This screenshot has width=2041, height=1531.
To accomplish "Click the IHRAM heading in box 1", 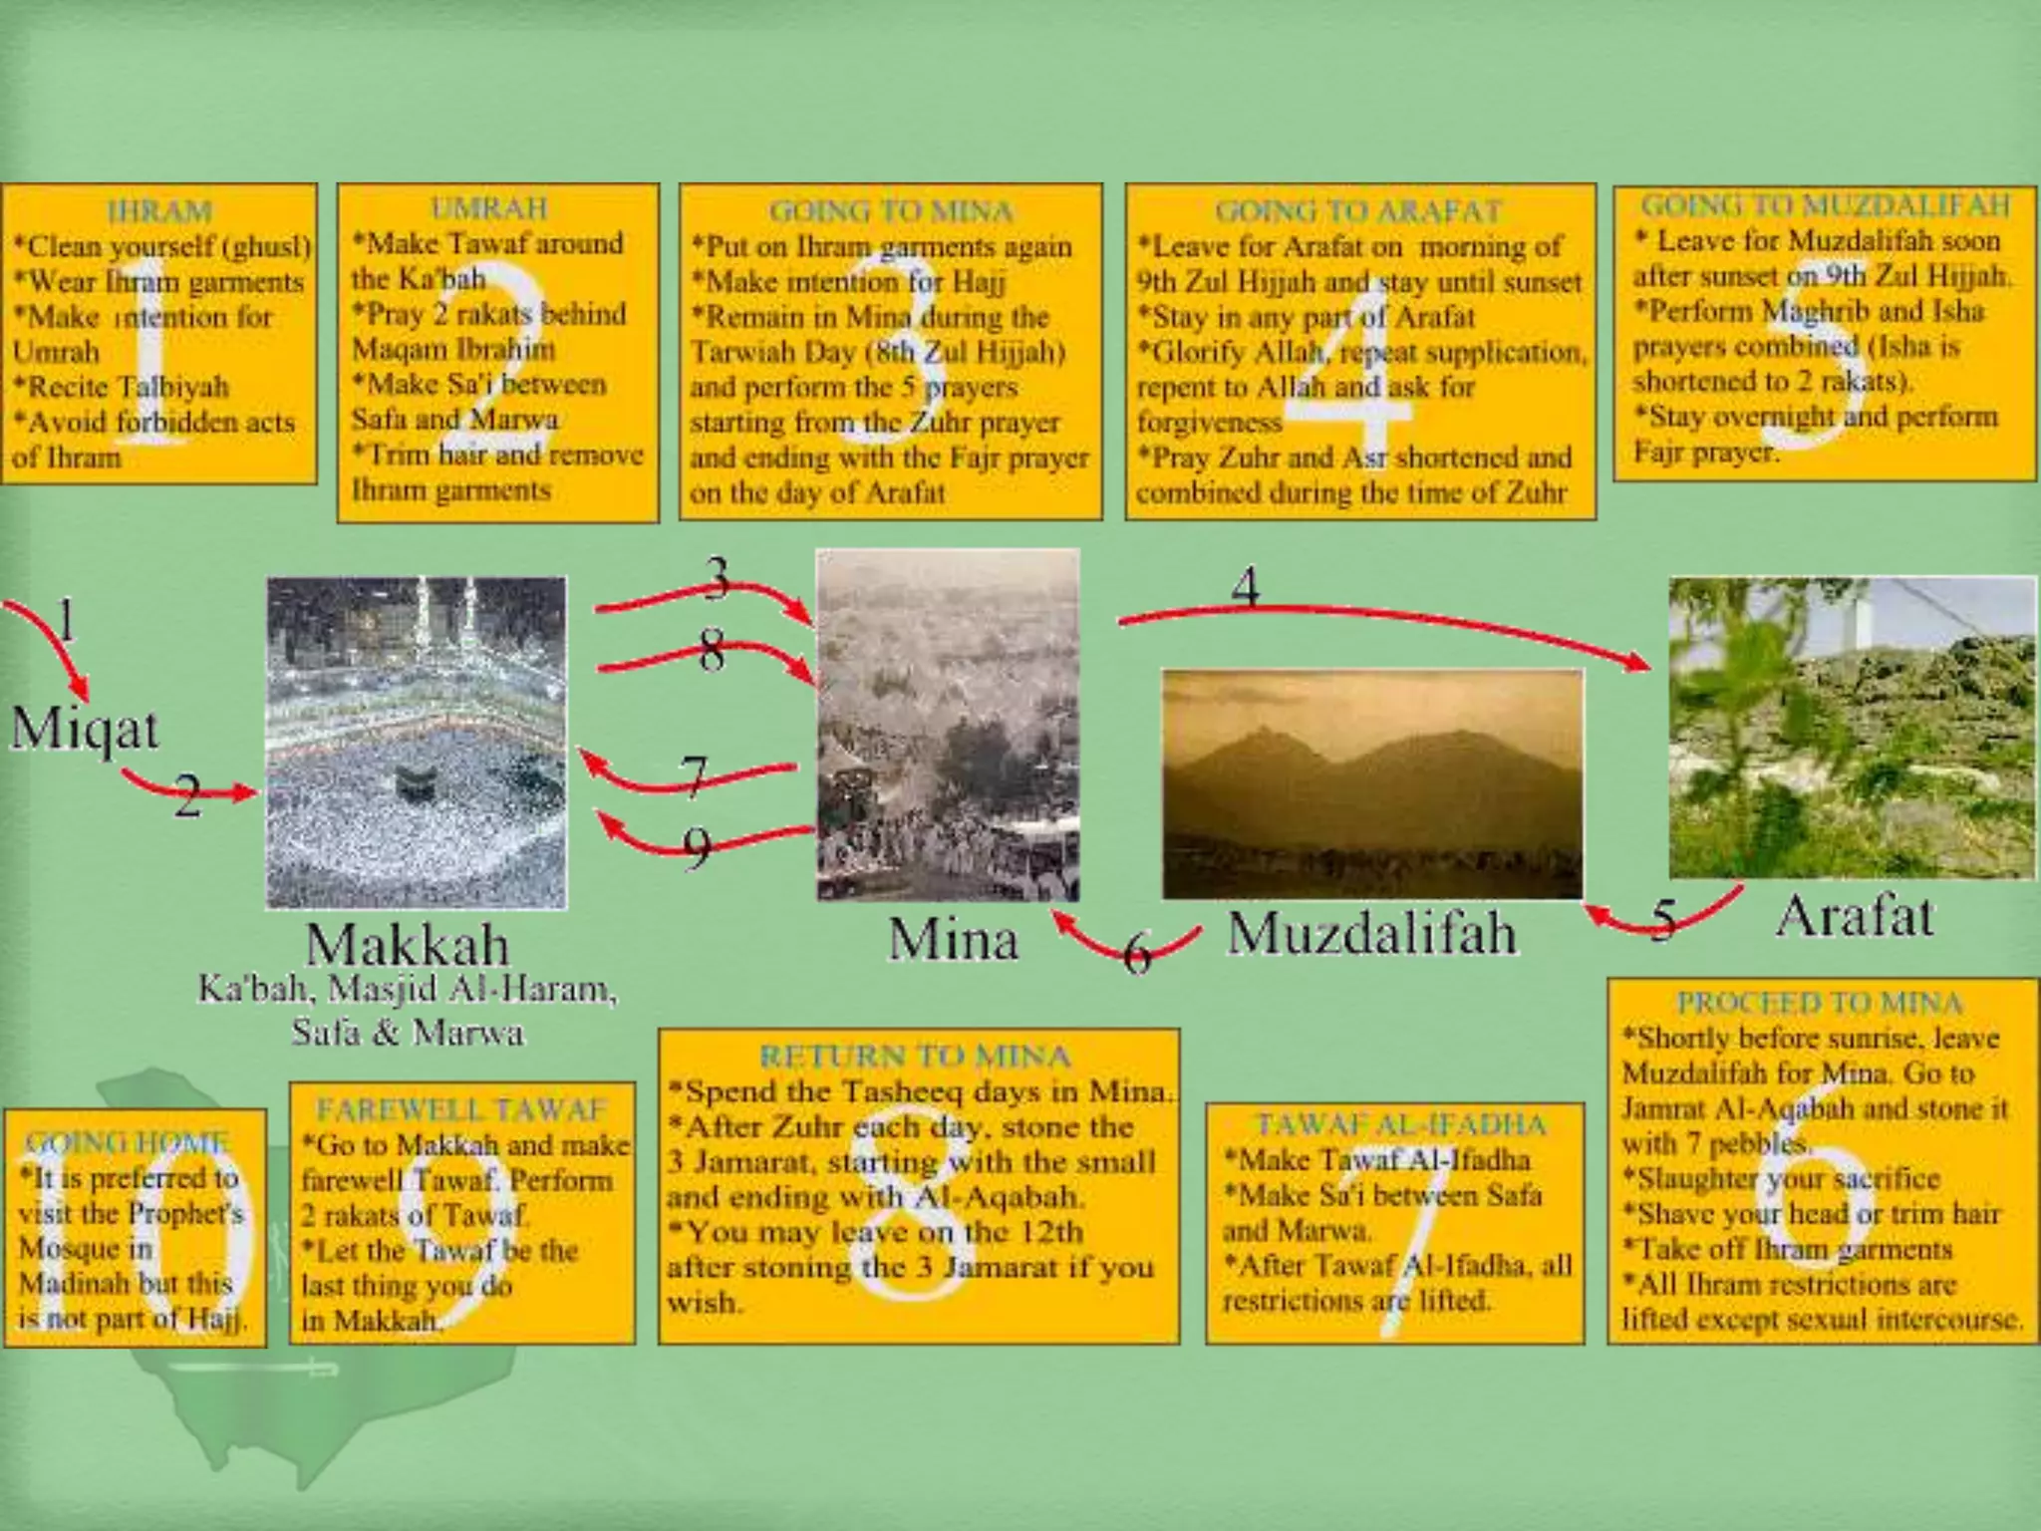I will pyautogui.click(x=159, y=210).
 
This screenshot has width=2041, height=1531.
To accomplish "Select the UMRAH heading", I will pyautogui.click(x=489, y=207).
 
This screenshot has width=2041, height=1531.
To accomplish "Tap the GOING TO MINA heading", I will pyautogui.click(x=891, y=210).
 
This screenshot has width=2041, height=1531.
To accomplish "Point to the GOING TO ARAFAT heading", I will pyautogui.click(x=1358, y=210).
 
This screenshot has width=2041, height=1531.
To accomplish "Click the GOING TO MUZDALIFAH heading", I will pyautogui.click(x=1825, y=204).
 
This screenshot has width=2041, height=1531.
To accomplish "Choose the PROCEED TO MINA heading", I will pyautogui.click(x=1820, y=1002).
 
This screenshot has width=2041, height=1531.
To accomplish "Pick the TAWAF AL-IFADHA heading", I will pyautogui.click(x=1400, y=1124).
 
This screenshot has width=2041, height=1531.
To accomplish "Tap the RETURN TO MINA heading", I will pyautogui.click(x=915, y=1056).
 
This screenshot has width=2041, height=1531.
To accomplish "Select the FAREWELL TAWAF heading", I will pyautogui.click(x=461, y=1108).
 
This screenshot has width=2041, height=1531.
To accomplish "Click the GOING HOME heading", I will pyautogui.click(x=128, y=1142).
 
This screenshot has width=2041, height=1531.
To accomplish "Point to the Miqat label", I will pyautogui.click(x=84, y=729).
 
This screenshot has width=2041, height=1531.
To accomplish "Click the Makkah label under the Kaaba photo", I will pyautogui.click(x=407, y=943).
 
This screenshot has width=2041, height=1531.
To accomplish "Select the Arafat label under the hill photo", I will pyautogui.click(x=1854, y=915).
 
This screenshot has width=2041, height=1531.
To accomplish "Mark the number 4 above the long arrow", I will pyautogui.click(x=1246, y=587).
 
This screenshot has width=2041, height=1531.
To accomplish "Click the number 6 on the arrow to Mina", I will pyautogui.click(x=1137, y=953).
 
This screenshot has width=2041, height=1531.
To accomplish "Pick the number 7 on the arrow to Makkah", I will pyautogui.click(x=694, y=776).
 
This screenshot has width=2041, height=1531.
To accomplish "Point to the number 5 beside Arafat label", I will pyautogui.click(x=1662, y=919).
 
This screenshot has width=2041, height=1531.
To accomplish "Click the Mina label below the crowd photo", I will pyautogui.click(x=953, y=939).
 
